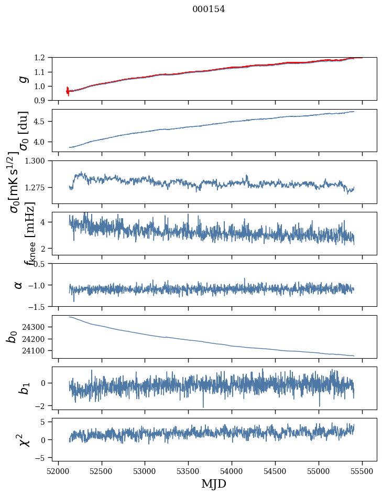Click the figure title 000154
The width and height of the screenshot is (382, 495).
click(x=209, y=9)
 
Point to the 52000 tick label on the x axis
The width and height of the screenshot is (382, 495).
click(x=58, y=471)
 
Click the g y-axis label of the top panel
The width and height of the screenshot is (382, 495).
click(x=22, y=79)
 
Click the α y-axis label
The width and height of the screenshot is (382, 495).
click(x=19, y=285)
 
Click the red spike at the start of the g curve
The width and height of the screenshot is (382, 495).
click(x=68, y=91)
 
